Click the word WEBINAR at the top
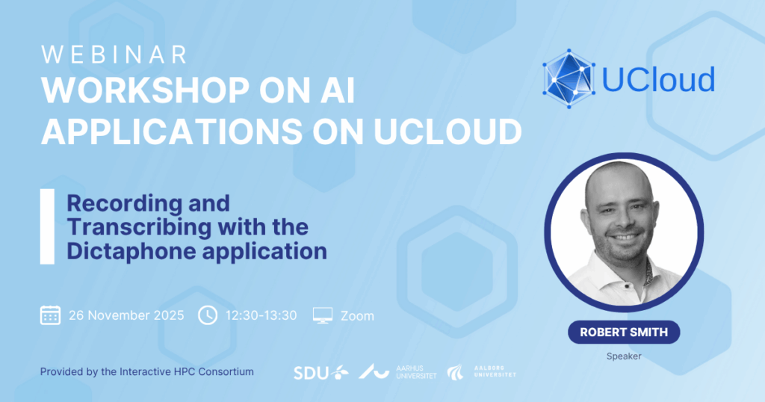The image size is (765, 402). click(114, 55)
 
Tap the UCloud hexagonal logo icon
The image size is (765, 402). click(569, 78)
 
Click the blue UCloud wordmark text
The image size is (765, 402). click(659, 79)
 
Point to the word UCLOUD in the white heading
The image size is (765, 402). click(448, 132)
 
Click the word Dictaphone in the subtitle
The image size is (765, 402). click(131, 251)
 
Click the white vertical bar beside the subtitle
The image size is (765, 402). click(47, 226)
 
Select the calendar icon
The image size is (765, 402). click(50, 315)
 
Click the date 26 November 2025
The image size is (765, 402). click(126, 315)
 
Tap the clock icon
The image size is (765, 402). click(208, 315)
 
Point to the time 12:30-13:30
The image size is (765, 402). click(261, 315)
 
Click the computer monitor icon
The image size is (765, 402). click(323, 315)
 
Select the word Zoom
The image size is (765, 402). click(357, 316)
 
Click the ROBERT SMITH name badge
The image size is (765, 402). click(624, 333)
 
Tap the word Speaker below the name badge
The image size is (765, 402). click(624, 356)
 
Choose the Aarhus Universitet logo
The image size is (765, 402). click(397, 372)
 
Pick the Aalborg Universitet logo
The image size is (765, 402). click(482, 372)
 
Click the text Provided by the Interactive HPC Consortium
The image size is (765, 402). click(147, 372)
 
